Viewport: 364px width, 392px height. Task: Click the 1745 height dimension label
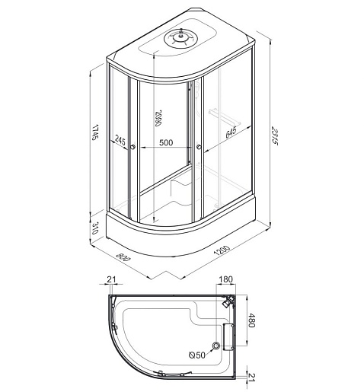(94, 132)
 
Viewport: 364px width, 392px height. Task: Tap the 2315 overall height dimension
(275, 135)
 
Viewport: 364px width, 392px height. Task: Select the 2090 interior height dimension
(158, 118)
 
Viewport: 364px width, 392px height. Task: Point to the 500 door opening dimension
(166, 142)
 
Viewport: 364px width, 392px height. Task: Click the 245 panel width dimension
(120, 140)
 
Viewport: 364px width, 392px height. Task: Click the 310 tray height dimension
(94, 228)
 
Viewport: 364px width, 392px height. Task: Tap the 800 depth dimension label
(123, 257)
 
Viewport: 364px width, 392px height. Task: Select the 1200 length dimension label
(222, 250)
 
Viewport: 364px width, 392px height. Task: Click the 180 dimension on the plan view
(225, 279)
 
